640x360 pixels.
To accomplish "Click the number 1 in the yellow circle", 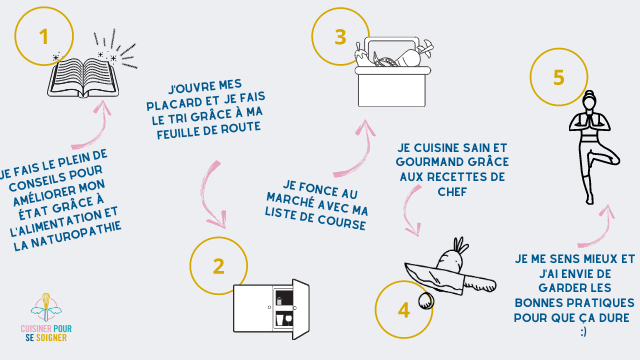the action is (x=44, y=37).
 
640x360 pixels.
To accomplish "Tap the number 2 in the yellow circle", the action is (x=219, y=266).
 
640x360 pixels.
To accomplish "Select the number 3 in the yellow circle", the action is (x=340, y=37).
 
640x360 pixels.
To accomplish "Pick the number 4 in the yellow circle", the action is (x=404, y=310).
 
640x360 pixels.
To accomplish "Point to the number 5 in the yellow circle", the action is (x=559, y=78).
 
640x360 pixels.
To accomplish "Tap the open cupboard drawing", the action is (x=271, y=309).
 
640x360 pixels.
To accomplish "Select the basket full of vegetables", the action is (x=392, y=72).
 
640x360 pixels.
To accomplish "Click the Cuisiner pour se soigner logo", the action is (x=46, y=318).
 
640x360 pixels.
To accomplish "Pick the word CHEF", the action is (x=452, y=191).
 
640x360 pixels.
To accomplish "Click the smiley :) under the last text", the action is (x=583, y=332).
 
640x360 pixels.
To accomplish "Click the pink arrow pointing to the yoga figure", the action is (x=601, y=231).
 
